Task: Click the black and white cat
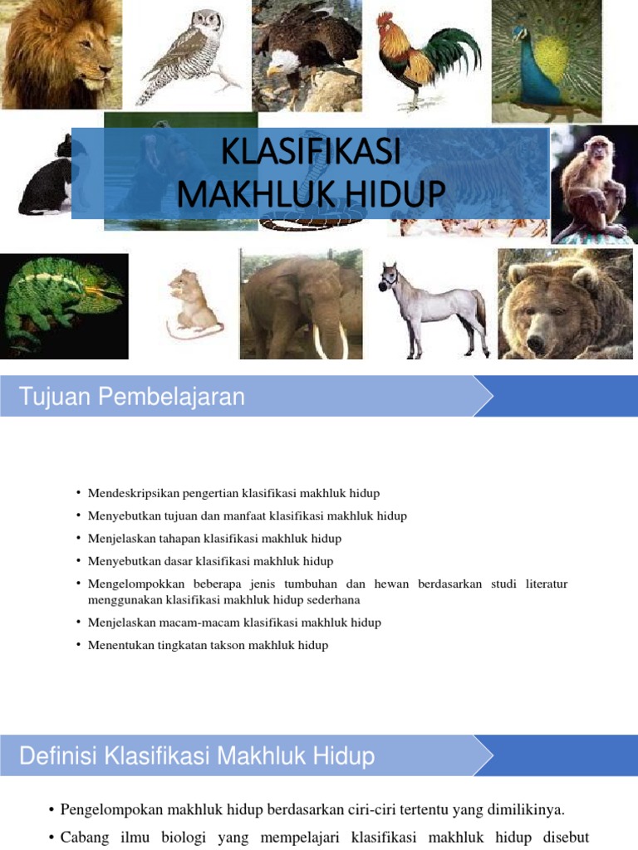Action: pyautogui.click(x=46, y=178)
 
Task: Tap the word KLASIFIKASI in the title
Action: pyautogui.click(x=311, y=154)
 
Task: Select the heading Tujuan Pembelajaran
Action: pyautogui.click(x=132, y=397)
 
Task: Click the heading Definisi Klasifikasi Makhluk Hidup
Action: pyautogui.click(x=197, y=756)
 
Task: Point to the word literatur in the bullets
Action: pyautogui.click(x=546, y=584)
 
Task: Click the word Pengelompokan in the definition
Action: pyautogui.click(x=112, y=808)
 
